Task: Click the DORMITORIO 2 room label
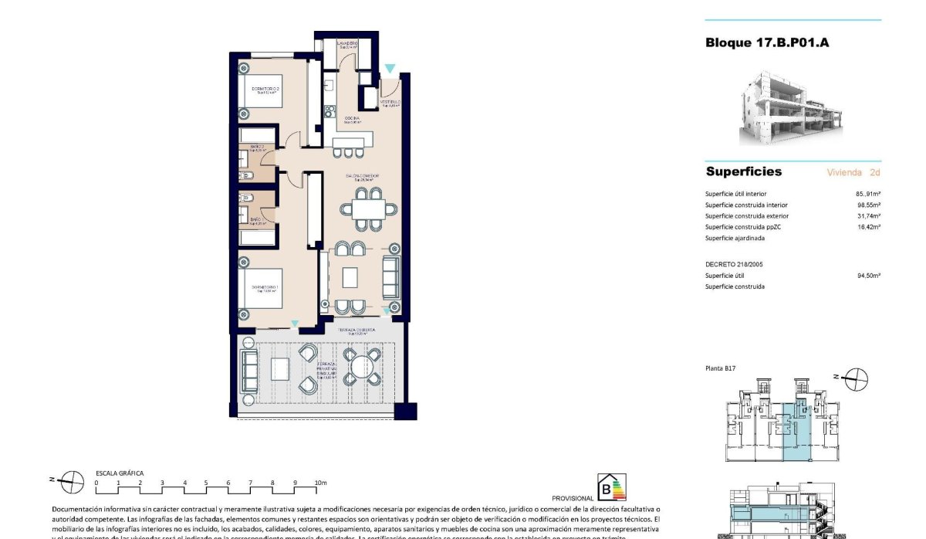(265, 89)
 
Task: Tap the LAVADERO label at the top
(346, 44)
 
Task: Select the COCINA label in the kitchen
(353, 118)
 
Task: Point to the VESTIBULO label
(390, 103)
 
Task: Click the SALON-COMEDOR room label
(362, 177)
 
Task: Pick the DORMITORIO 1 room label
(265, 290)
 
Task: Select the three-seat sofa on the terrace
(249, 370)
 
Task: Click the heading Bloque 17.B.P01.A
(767, 42)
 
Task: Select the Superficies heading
(743, 171)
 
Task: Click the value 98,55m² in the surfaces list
(868, 205)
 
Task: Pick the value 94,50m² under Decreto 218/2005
(868, 275)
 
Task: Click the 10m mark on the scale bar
(320, 483)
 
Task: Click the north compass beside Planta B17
(854, 379)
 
